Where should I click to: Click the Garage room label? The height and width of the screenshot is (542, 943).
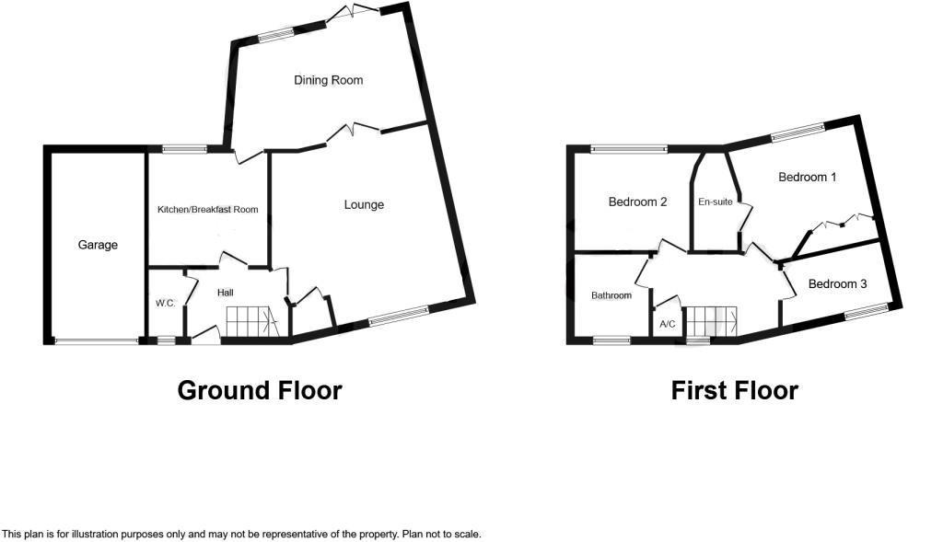98,245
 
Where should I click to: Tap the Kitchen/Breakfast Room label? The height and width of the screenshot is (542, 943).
207,210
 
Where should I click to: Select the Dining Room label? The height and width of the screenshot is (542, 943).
328,80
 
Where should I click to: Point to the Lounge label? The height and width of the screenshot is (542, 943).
364,204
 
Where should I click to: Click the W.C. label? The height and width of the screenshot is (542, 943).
165,303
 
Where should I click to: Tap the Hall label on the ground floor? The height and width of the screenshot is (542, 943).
225,293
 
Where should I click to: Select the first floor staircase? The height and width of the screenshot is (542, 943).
715,322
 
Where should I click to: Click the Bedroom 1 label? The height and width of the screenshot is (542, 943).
807,177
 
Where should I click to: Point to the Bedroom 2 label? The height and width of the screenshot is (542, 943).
637,202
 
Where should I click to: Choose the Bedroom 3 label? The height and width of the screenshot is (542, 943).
837,284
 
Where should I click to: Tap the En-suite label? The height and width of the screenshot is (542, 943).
715,202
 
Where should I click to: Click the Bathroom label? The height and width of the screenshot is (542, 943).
611,295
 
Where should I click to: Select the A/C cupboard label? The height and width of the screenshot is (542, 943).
668,325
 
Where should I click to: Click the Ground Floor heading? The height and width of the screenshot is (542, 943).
259,390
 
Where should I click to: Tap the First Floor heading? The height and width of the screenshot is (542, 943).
734,390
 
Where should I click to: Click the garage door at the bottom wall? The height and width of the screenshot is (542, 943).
96,341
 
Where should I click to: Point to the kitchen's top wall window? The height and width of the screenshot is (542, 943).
185,148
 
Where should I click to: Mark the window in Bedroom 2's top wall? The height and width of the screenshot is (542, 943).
629,147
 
